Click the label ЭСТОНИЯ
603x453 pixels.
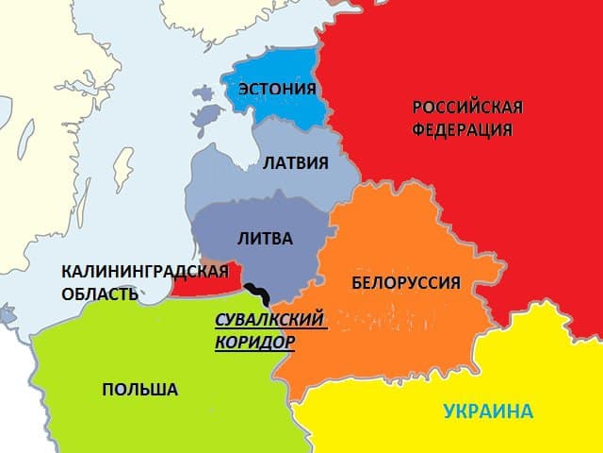[x=276, y=91]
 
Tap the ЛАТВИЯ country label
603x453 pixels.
[x=295, y=163]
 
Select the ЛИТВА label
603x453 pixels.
[x=266, y=238]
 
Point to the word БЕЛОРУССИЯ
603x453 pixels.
[x=405, y=282]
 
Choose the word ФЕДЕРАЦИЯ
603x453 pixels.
[x=462, y=128]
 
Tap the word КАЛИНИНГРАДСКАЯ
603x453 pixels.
[x=145, y=272]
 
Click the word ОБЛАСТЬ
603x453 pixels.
[x=101, y=294]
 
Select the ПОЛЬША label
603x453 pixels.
[x=139, y=390]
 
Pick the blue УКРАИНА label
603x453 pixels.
[x=488, y=411]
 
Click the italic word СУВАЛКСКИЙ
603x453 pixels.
[x=269, y=319]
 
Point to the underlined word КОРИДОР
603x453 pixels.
[x=254, y=343]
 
